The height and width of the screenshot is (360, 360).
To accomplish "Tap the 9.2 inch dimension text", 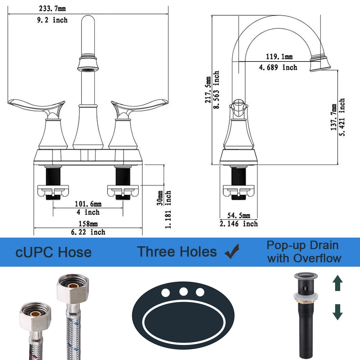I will pos(52,20).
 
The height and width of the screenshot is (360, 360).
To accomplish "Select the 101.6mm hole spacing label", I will pos(88,204).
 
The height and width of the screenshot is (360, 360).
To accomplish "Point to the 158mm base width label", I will pos(88,224).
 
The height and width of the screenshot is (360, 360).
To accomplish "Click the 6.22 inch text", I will pos(88,232).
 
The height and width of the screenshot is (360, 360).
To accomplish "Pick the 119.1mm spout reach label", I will pos(279,56).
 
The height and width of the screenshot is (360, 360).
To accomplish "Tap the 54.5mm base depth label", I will pos(238,215).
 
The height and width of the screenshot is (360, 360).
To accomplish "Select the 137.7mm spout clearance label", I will pos(334,117).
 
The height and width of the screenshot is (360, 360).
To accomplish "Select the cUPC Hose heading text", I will pos(53,252).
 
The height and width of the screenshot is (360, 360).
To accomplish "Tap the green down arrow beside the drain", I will pos(337,312).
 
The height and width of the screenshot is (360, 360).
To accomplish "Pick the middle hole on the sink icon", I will pos(183,292).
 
